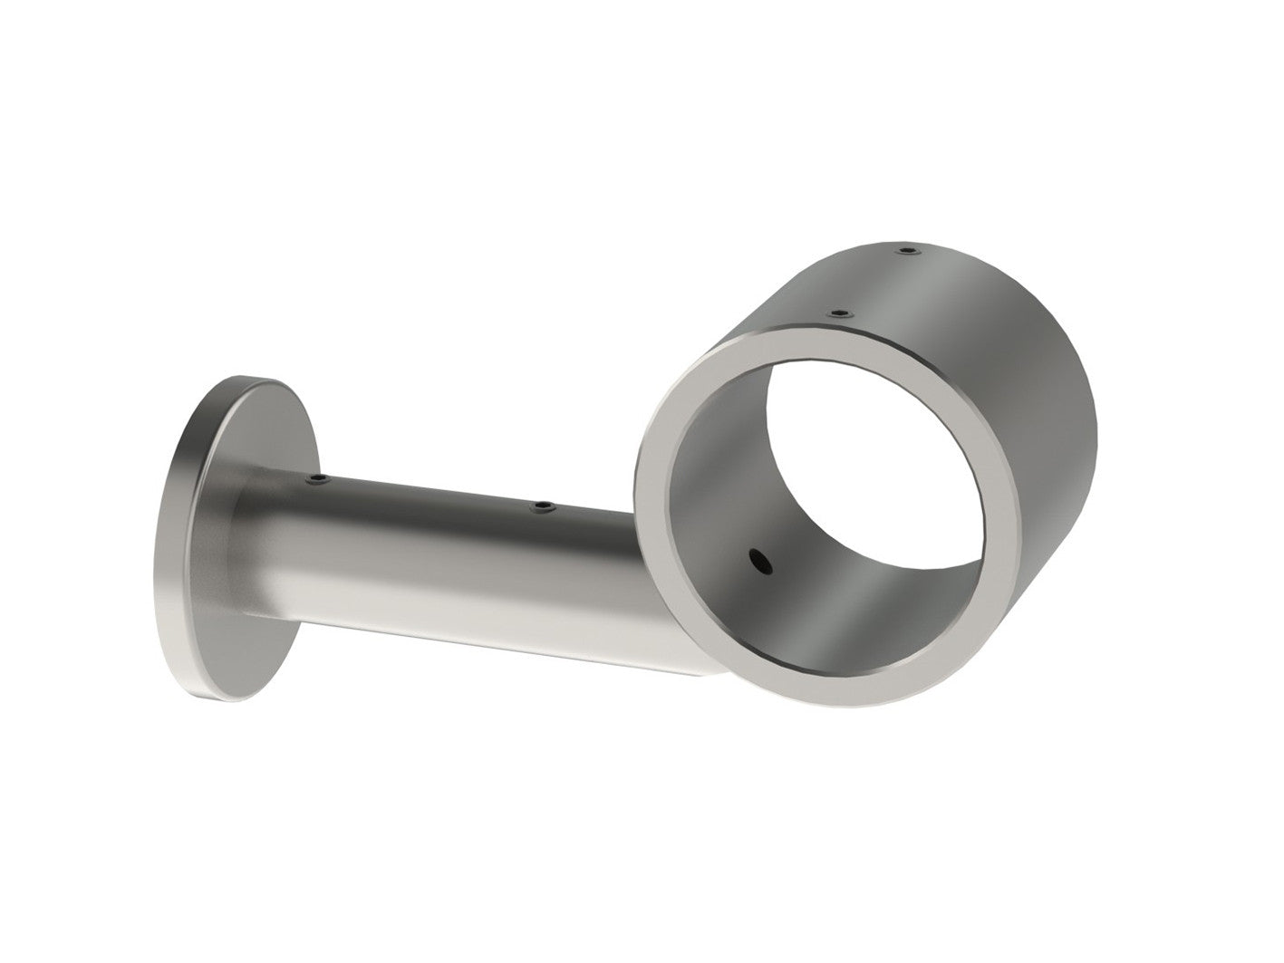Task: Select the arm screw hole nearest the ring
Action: (x=542, y=506)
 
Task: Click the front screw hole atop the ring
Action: (x=842, y=313)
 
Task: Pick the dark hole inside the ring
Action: (x=758, y=563)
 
